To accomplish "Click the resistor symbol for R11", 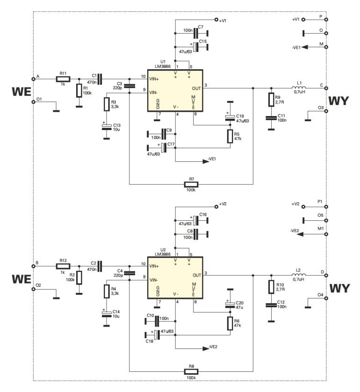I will point(63,79).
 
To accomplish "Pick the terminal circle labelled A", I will point(34,79).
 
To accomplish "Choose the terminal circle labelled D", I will point(326,275).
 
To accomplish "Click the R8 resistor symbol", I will point(191,371).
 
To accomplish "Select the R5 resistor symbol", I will point(230,136).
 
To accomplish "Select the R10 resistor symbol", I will point(270,286).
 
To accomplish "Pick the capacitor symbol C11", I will point(270,118).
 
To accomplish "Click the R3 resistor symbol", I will point(107,104).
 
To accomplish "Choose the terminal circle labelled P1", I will point(326,206).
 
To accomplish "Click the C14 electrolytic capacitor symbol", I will point(107,312).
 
